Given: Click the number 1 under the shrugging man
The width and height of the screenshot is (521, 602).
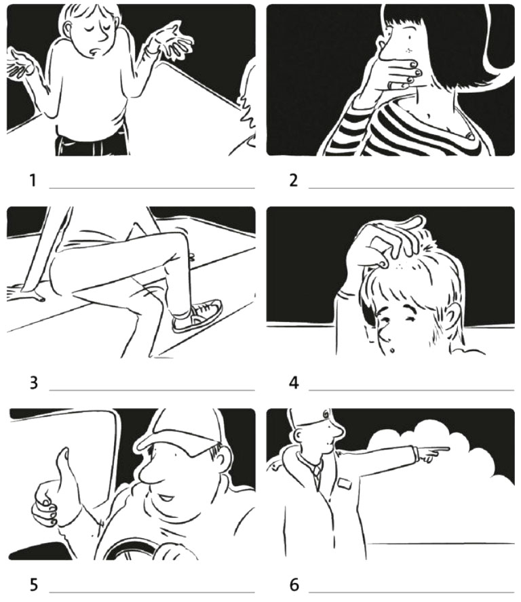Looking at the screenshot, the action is click(33, 180).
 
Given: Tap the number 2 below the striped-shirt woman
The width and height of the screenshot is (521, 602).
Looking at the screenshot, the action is click(294, 180).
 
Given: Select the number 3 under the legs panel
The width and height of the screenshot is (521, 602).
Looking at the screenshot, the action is click(33, 383).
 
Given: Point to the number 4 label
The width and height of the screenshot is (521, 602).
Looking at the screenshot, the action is click(294, 383).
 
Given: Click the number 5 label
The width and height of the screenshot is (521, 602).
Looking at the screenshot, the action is click(33, 585).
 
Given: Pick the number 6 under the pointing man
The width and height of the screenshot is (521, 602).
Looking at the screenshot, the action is click(294, 585).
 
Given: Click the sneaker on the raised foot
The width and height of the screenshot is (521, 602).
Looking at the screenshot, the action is click(197, 316).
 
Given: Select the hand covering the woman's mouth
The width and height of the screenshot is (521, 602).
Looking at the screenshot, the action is click(400, 74).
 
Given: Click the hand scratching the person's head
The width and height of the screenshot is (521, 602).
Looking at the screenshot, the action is click(388, 241).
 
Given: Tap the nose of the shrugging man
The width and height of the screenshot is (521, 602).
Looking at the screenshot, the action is click(103, 36).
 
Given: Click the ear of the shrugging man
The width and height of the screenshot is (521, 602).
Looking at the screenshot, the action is click(69, 29).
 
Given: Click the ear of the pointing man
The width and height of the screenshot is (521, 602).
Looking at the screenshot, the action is click(299, 435).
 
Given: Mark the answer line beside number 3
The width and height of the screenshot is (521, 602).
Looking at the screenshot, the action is click(152, 390).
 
